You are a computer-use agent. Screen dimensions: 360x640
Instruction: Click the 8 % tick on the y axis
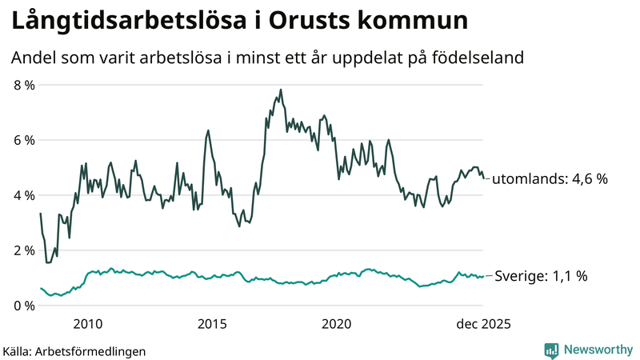pyautogui.click(x=23, y=84)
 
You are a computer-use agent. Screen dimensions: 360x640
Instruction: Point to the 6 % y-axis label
pyautogui.click(x=23, y=139)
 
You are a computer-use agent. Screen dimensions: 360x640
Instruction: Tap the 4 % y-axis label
pyautogui.click(x=23, y=194)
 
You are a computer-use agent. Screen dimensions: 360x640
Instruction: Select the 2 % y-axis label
pyautogui.click(x=23, y=250)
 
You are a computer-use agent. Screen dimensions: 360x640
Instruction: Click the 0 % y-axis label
pyautogui.click(x=23, y=305)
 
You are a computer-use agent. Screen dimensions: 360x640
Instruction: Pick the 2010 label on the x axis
pyautogui.click(x=88, y=324)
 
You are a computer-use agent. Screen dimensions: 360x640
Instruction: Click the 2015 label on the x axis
pyautogui.click(x=212, y=324)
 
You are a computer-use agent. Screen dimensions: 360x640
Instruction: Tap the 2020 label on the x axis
pyautogui.click(x=337, y=324)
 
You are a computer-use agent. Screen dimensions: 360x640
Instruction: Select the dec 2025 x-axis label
pyautogui.click(x=482, y=324)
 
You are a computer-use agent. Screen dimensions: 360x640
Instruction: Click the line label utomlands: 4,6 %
pyautogui.click(x=550, y=179)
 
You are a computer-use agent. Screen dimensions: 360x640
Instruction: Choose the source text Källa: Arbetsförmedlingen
pyautogui.click(x=74, y=350)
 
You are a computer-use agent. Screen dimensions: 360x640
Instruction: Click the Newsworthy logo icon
pyautogui.click(x=551, y=350)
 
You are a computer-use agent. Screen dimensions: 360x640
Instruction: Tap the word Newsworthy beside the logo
pyautogui.click(x=598, y=350)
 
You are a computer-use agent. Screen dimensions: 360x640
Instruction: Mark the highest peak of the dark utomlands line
pyautogui.click(x=281, y=90)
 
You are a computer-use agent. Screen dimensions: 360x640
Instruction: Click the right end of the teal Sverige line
pyautogui.click(x=484, y=277)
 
